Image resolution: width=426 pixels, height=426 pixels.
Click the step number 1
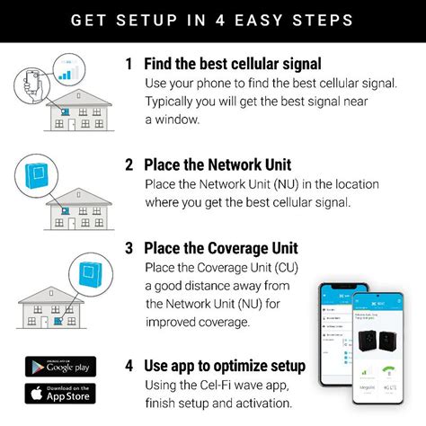(x=129, y=64)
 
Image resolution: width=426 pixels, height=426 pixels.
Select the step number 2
(x=129, y=164)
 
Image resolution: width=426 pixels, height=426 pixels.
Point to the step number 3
(x=129, y=247)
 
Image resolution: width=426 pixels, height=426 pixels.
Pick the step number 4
(x=129, y=366)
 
